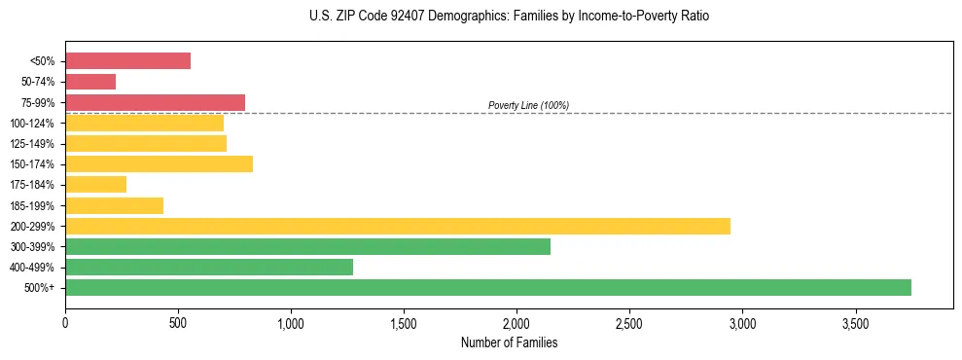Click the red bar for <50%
127,60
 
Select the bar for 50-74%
90,82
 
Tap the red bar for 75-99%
155,102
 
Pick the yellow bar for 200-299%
398,226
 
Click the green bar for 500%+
488,287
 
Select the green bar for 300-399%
307,246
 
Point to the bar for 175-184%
95,184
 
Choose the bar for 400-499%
209,267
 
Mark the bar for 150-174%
159,163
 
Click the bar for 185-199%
114,205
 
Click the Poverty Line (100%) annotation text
528,105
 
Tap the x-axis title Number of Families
509,342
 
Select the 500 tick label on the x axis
178,322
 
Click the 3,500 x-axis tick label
855,322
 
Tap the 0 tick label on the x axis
65,322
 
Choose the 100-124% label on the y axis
33,124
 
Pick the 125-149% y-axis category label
33,144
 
